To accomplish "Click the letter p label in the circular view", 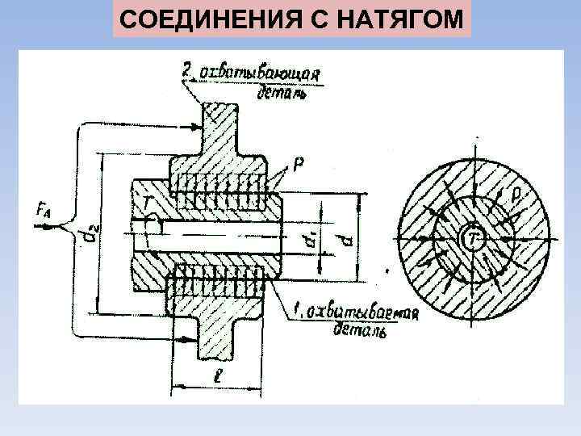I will click(x=516, y=194).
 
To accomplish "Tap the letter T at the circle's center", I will click(x=474, y=236).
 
